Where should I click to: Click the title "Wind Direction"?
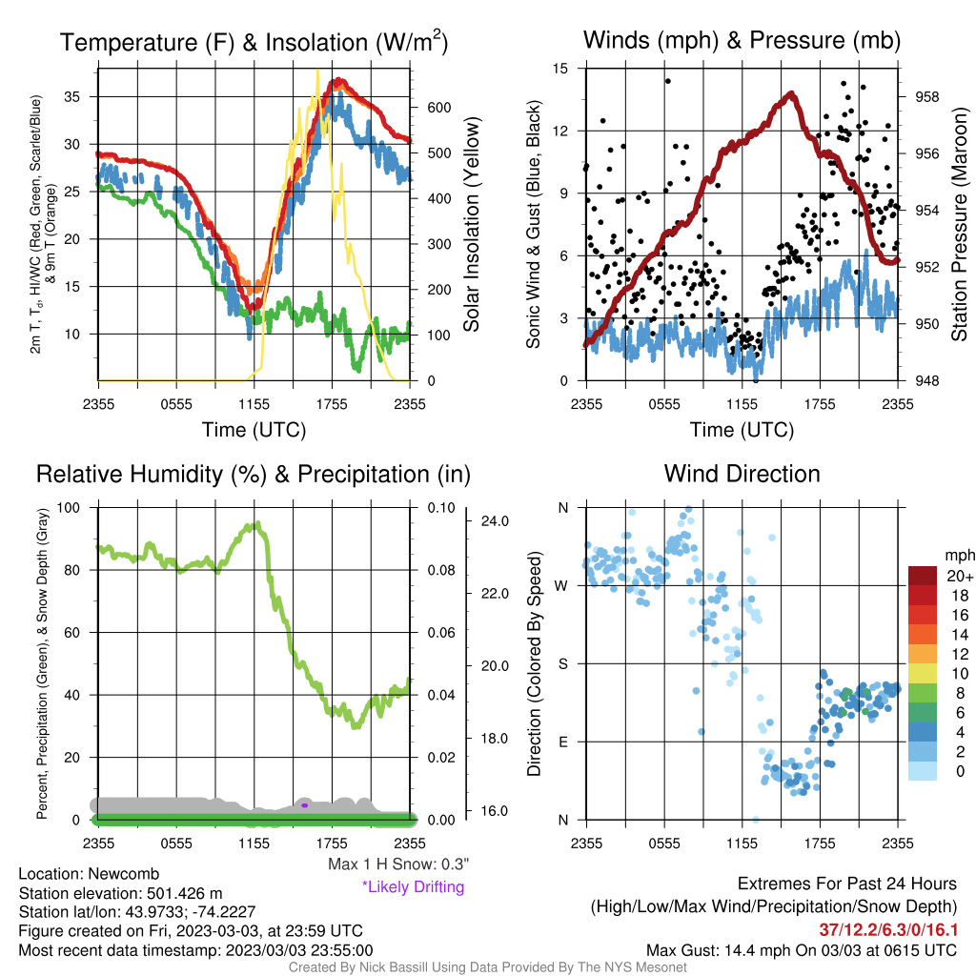click(x=742, y=474)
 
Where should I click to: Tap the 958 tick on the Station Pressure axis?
click(x=926, y=97)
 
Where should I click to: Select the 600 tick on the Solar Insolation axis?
click(x=438, y=108)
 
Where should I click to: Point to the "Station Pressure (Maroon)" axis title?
click(x=959, y=224)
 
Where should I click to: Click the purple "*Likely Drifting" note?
click(x=414, y=887)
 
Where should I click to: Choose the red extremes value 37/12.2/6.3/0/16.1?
click(x=888, y=930)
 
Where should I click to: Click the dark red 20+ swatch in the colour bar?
click(x=923, y=576)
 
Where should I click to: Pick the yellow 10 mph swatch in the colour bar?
click(x=923, y=674)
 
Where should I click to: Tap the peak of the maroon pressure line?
click(x=791, y=94)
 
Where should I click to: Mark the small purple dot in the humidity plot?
click(x=304, y=805)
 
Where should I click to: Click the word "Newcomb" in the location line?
click(x=123, y=874)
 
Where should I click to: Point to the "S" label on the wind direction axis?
click(x=562, y=664)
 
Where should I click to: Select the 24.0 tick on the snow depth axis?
click(x=495, y=521)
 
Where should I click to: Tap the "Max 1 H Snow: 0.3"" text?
click(x=398, y=864)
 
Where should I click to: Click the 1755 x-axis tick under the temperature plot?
click(x=332, y=404)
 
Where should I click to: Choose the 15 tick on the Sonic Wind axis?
click(x=560, y=69)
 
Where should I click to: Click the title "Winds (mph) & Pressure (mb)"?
click(x=742, y=40)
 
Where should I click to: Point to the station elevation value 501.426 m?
click(x=184, y=893)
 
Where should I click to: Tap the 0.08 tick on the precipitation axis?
click(x=441, y=570)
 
